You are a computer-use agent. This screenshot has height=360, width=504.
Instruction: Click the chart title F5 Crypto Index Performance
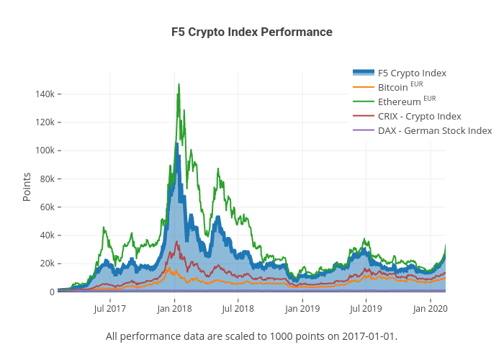coord(251,32)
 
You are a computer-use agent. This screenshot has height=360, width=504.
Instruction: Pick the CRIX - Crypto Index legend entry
coord(419,116)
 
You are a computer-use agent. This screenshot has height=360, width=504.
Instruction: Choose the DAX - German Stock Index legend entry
coord(434,130)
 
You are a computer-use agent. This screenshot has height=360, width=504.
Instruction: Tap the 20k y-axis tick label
coord(45,264)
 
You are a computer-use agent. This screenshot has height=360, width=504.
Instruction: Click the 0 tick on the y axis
coord(51,292)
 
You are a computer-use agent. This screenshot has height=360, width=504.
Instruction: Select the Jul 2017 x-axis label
coord(110,309)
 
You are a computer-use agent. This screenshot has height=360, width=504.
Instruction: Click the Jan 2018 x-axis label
coord(174,309)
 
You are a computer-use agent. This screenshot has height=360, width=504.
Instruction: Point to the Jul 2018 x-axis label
coord(238,309)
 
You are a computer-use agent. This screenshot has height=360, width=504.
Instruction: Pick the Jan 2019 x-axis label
coord(302,309)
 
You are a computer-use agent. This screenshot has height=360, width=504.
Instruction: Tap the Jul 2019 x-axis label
coord(366,309)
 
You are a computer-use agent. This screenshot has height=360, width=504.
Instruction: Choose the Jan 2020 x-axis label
coord(431,309)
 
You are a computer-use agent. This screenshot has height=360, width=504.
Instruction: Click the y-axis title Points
coord(27,186)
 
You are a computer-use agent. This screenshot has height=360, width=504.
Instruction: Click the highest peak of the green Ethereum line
coord(179,84)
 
